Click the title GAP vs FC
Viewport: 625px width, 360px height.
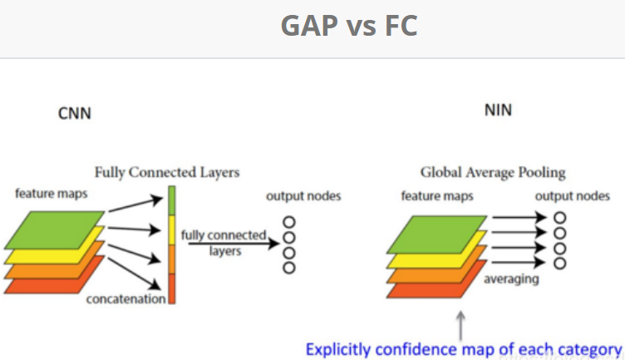click(x=349, y=27)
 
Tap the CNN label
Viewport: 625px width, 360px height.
click(x=74, y=113)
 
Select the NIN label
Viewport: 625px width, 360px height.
click(x=498, y=109)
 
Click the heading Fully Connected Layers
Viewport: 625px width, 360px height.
click(x=167, y=172)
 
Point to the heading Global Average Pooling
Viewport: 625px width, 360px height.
click(x=493, y=172)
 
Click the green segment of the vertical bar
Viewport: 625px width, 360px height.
click(x=172, y=202)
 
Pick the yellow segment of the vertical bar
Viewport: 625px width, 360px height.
click(x=172, y=230)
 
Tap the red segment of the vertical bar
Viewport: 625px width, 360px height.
click(x=172, y=288)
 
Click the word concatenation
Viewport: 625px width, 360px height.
click(x=126, y=298)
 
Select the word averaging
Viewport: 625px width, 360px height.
click(x=511, y=279)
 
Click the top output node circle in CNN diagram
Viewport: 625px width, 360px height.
click(x=289, y=222)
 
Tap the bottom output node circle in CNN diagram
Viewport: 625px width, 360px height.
click(x=289, y=268)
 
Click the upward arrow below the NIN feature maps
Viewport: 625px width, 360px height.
click(x=460, y=320)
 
